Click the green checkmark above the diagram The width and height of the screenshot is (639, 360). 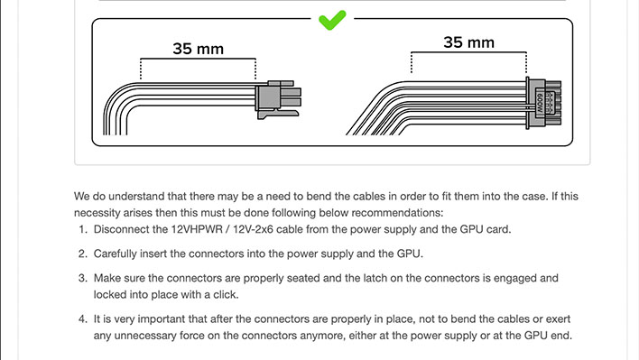[332, 20]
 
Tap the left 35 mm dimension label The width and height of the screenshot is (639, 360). [198, 49]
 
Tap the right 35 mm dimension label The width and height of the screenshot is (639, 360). [468, 42]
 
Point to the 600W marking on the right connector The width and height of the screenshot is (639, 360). [540, 103]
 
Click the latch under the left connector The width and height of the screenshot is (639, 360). [278, 114]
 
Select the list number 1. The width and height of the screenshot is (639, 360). [83, 229]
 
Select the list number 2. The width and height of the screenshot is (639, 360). [83, 254]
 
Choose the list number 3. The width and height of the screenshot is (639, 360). [83, 278]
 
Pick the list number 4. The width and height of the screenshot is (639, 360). [83, 318]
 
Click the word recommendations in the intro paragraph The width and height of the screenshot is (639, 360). [396, 213]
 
